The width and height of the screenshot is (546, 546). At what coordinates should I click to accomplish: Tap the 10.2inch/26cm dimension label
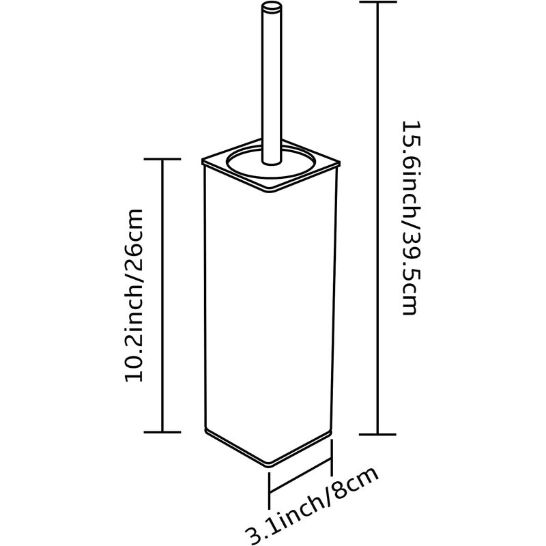(x=134, y=296)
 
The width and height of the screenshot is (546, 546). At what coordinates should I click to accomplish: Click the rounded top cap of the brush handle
(x=272, y=7)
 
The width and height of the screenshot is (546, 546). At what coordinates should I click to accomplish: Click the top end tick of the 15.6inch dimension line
(x=378, y=2)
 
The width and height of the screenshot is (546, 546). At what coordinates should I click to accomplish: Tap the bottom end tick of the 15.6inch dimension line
(x=378, y=435)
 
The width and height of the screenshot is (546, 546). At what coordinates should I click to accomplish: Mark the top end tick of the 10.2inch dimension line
(x=162, y=159)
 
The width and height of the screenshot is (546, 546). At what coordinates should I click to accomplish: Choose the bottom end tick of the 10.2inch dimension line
(x=162, y=432)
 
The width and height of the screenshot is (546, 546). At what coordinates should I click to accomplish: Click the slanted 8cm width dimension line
(x=300, y=476)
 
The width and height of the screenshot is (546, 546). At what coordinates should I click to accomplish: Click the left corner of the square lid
(x=203, y=161)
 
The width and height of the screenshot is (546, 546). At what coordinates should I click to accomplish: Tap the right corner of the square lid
(x=339, y=162)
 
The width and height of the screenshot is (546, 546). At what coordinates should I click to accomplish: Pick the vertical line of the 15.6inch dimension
(x=378, y=218)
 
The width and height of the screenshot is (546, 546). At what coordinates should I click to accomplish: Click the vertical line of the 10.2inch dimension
(x=162, y=296)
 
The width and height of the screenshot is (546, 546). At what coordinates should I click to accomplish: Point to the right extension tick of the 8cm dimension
(x=332, y=457)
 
